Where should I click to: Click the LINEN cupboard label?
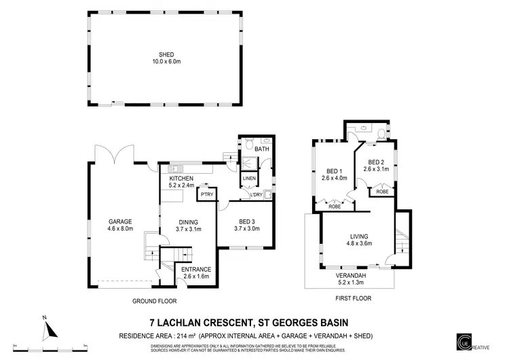(x=249, y=179)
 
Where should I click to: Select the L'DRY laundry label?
(x=256, y=196)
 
